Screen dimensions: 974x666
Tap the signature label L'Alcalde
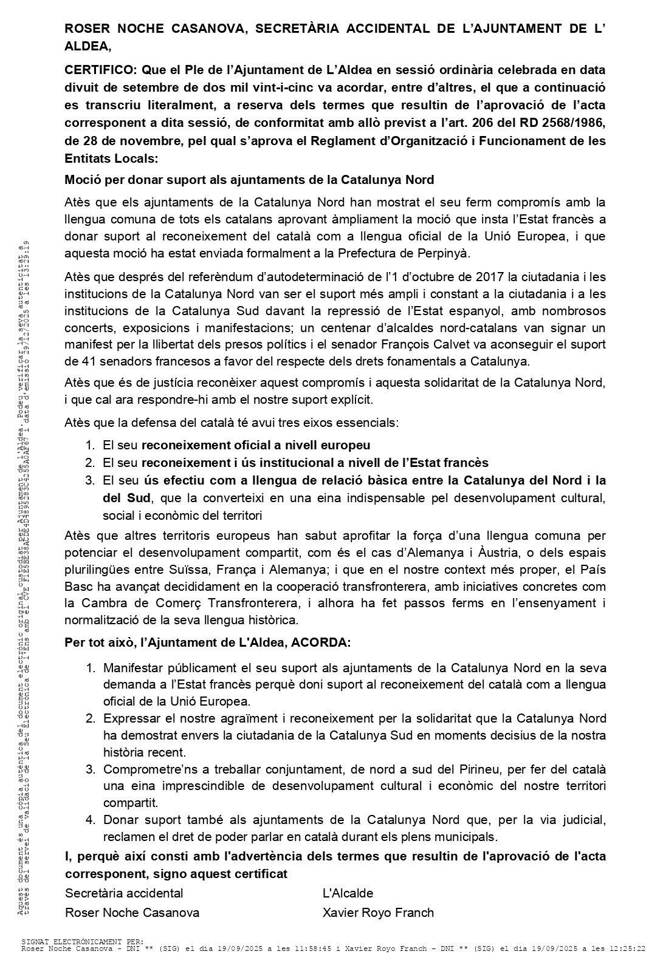[x=348, y=893]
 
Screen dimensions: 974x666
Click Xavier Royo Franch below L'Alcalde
[x=378, y=912]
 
